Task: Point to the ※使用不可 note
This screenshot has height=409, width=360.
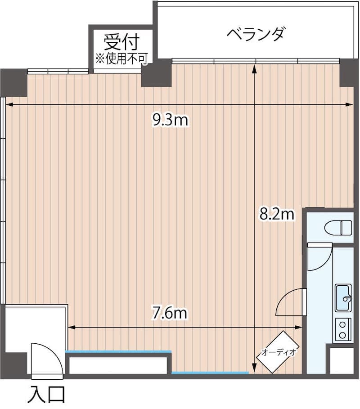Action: pyautogui.click(x=121, y=58)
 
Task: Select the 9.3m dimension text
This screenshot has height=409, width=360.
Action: pyautogui.click(x=170, y=120)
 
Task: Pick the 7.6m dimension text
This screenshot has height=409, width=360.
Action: pyautogui.click(x=170, y=313)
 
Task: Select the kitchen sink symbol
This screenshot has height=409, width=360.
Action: pyautogui.click(x=344, y=298)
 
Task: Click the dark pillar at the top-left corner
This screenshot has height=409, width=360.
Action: pyautogui.click(x=13, y=82)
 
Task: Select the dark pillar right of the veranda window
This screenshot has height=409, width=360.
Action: pyautogui.click(x=348, y=72)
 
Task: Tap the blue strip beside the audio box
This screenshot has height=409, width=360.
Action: pyautogui.click(x=210, y=373)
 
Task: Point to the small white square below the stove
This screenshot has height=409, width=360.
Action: pyautogui.click(x=342, y=360)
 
